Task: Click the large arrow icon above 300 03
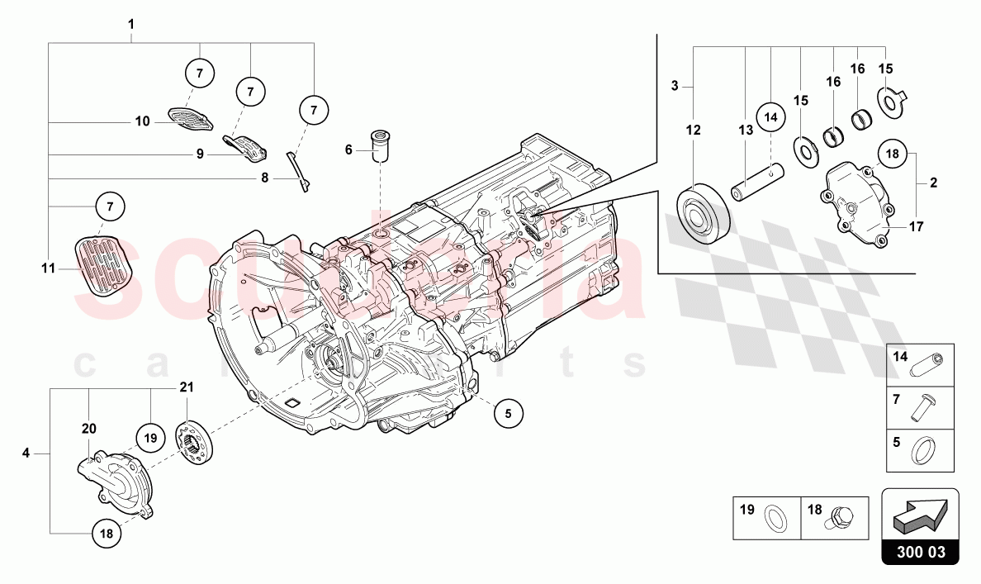click(x=920, y=517)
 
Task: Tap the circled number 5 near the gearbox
click(x=509, y=413)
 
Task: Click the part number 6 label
click(x=348, y=150)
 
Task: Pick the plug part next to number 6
click(x=380, y=146)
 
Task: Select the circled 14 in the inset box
click(x=770, y=117)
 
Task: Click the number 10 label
click(x=142, y=121)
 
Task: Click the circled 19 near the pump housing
click(x=149, y=439)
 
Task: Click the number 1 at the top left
click(x=130, y=24)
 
